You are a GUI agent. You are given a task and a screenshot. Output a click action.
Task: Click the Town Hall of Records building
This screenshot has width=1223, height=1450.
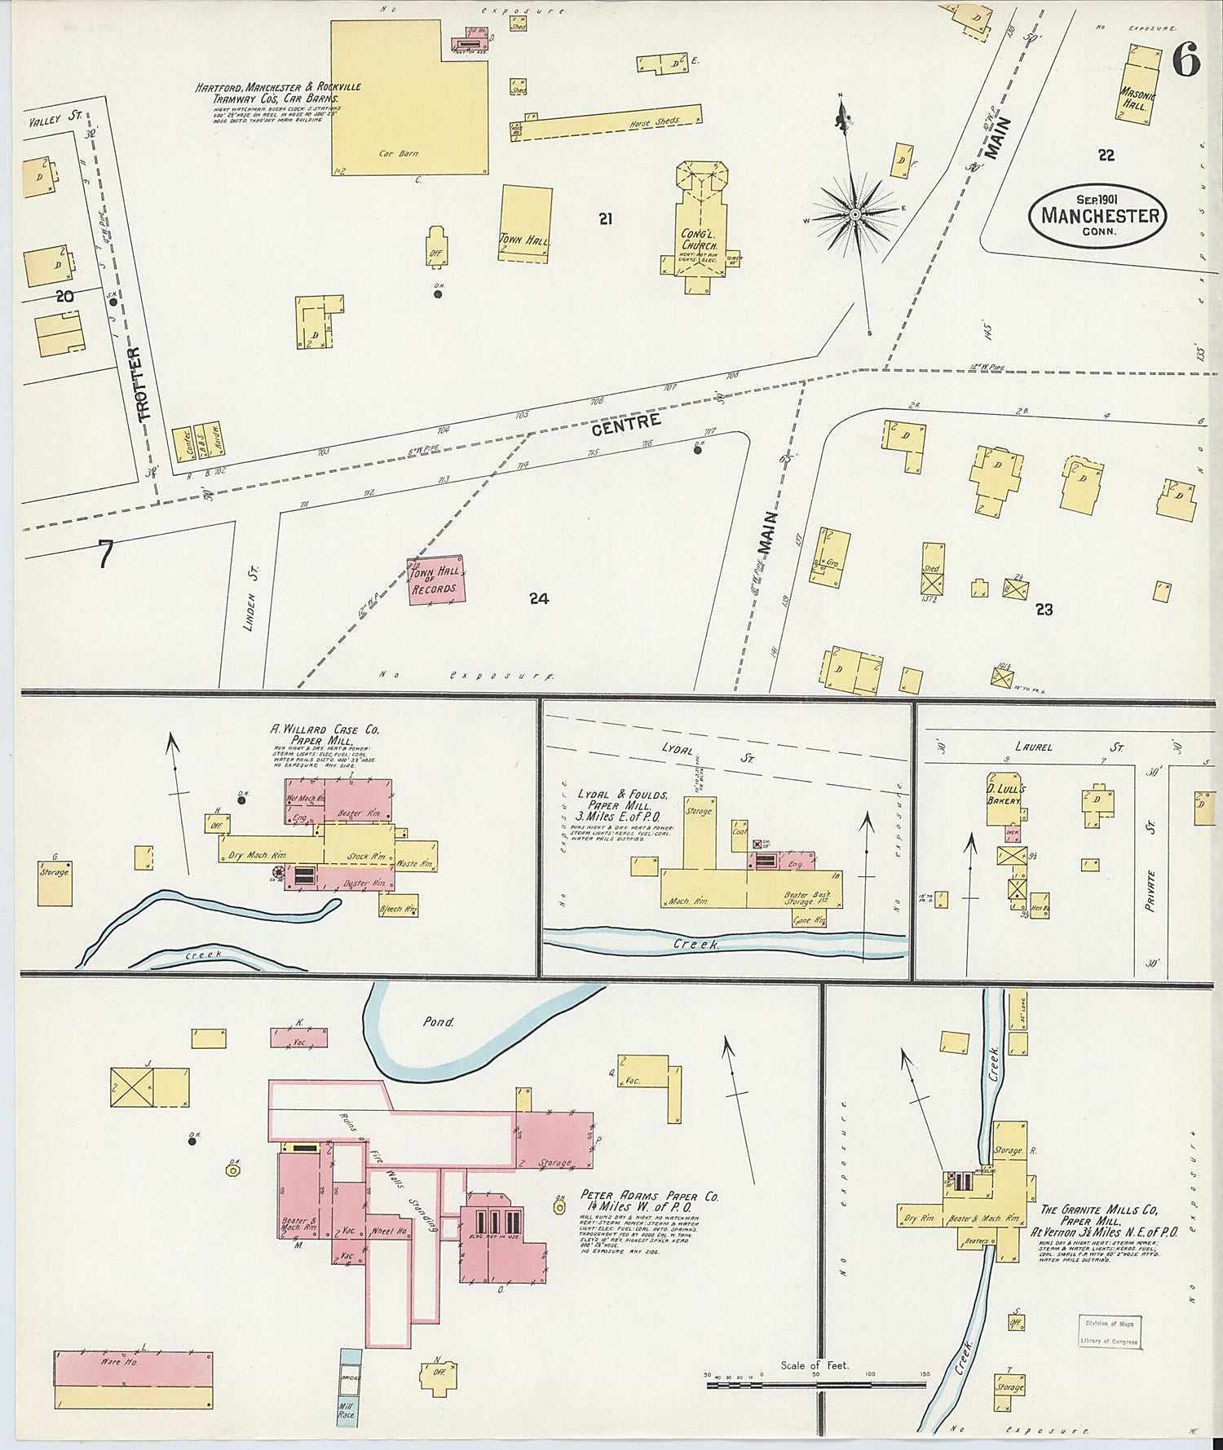pos(437,581)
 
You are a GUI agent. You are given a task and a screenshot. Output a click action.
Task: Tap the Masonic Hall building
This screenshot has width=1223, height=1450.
pos(1140,84)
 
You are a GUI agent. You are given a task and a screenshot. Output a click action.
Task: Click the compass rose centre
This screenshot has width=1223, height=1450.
pos(855,214)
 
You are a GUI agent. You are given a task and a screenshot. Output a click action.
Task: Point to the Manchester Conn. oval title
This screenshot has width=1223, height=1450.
pos(1098,215)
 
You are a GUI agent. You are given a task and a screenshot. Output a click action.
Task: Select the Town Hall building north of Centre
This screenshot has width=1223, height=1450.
pos(524,223)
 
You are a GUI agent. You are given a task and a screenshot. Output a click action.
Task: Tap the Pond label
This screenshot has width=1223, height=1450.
pos(438,1020)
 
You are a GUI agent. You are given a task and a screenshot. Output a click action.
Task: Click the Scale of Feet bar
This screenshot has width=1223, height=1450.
pos(815,1383)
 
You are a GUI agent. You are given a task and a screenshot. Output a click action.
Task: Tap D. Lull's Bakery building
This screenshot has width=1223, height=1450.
pos(1004,799)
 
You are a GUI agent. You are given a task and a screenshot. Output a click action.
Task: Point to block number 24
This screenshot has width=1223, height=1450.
pos(538,599)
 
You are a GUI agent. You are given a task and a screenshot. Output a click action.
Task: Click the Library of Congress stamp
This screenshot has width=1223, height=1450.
pos(1109,1331)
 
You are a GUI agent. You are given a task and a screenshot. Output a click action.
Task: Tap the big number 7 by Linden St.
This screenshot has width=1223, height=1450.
pos(105,553)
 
